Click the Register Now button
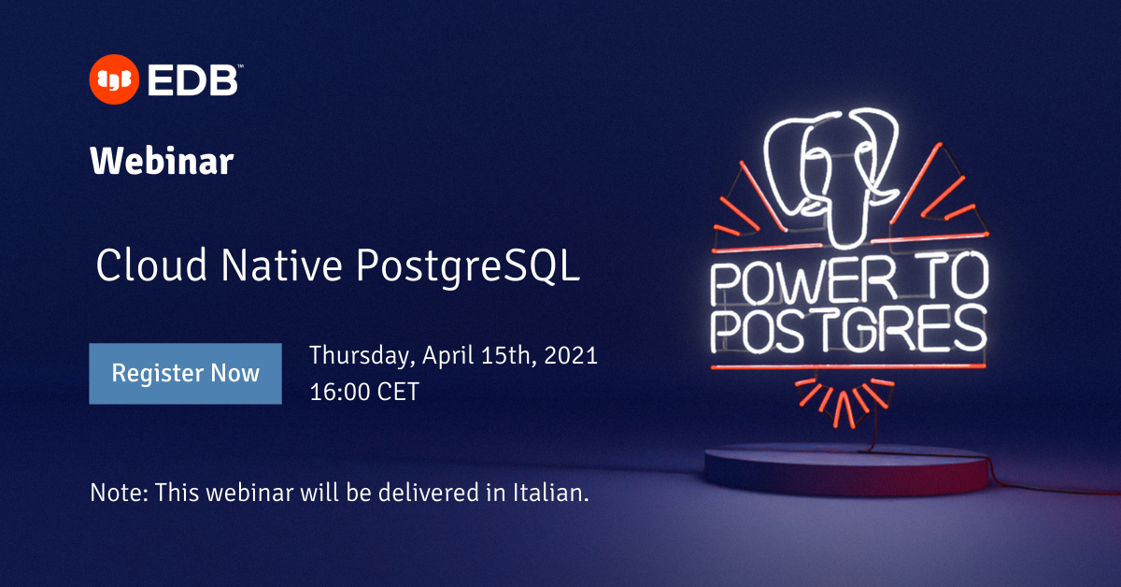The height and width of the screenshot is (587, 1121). [185, 374]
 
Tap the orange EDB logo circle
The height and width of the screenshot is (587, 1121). [113, 80]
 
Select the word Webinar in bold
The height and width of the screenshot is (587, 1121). [162, 162]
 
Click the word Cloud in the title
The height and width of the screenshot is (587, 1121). [139, 266]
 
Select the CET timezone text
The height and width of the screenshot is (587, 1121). [398, 391]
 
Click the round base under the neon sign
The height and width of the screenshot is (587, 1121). [845, 467]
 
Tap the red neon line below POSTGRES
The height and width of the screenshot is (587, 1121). [847, 366]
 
